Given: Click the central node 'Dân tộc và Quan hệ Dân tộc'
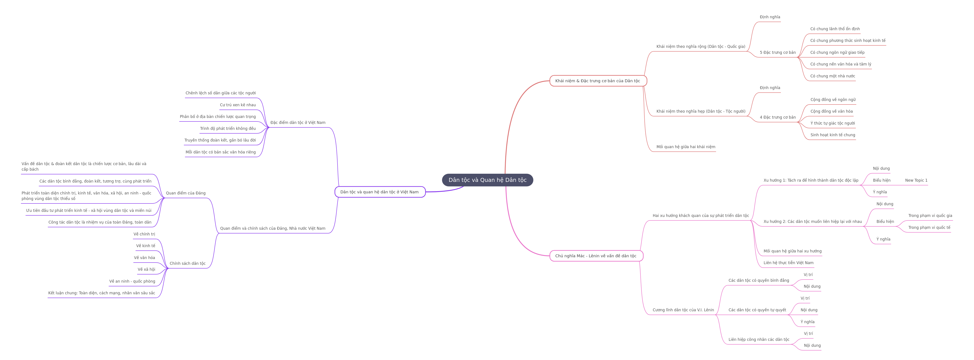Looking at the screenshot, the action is tap(487, 180).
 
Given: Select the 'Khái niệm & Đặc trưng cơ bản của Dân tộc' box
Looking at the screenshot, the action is tap(598, 81).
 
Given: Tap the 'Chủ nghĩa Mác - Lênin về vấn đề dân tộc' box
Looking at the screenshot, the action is tap(596, 256).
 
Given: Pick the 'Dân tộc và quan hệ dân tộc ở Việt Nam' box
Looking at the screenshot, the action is tap(380, 192).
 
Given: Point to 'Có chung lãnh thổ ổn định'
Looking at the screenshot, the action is tap(835, 29).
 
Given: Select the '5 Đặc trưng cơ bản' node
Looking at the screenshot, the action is tap(778, 52).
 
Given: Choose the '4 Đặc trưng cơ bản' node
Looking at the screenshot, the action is tap(778, 117).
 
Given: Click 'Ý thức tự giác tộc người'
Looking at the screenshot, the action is tap(833, 123).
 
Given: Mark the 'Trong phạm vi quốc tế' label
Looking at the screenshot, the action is tap(929, 228).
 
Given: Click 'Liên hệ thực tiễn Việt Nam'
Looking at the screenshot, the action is tap(788, 263).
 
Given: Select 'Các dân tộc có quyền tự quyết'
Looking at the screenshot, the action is tap(757, 310).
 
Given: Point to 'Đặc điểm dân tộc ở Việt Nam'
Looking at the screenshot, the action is tap(298, 123).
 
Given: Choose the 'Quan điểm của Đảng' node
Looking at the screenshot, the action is tap(186, 193).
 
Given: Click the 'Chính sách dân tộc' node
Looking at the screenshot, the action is tap(188, 264).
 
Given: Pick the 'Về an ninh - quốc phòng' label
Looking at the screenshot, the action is tap(132, 281).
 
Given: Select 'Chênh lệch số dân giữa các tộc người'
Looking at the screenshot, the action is tap(220, 93).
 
